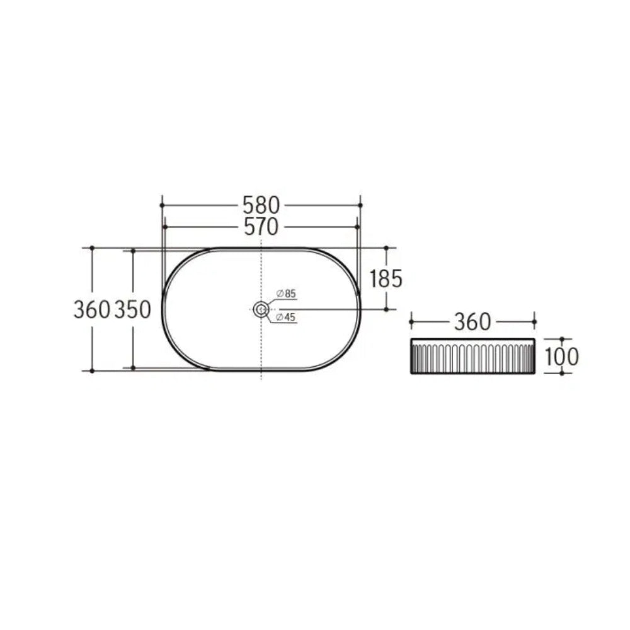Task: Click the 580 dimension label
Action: point(261,205)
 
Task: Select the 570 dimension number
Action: point(261,227)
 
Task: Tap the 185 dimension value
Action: point(386,279)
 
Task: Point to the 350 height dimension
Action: point(132,310)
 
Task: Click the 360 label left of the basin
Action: point(92,310)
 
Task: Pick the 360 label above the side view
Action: point(472,322)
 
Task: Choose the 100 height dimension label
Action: point(562,357)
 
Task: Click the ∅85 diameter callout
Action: point(286,294)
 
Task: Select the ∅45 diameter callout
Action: point(285,318)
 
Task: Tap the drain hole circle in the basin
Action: point(261,309)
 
